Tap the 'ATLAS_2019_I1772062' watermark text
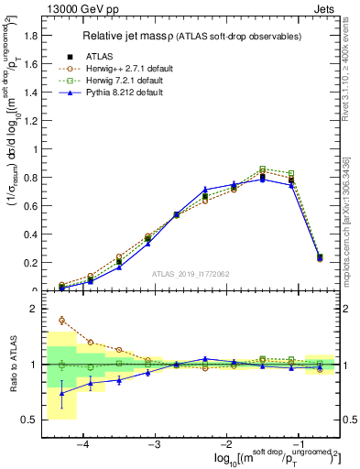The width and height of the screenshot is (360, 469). [x=191, y=274]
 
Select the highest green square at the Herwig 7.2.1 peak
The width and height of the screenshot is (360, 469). [x=263, y=169]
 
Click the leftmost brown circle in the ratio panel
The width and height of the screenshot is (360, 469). [x=61, y=321]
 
